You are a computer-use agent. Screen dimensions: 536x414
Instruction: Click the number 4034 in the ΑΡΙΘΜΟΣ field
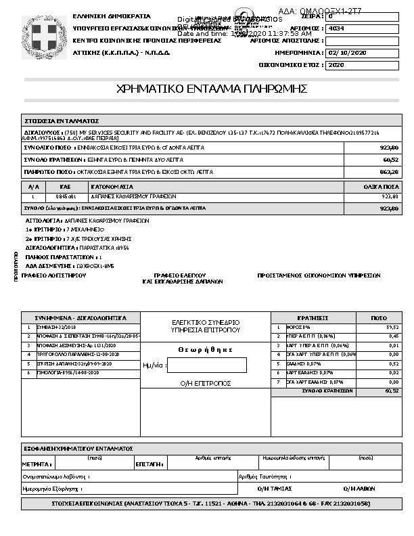[335, 29]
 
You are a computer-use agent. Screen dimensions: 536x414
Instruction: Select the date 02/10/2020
[346, 53]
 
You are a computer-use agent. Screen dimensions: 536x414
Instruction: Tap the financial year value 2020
[335, 66]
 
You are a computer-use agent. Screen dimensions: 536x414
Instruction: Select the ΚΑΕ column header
[65, 186]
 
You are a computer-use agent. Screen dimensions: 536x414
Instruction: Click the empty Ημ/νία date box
[206, 365]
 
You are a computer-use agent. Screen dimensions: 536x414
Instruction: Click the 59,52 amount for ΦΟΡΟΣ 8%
[392, 327]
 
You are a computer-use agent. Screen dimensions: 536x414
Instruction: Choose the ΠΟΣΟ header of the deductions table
[379, 317]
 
